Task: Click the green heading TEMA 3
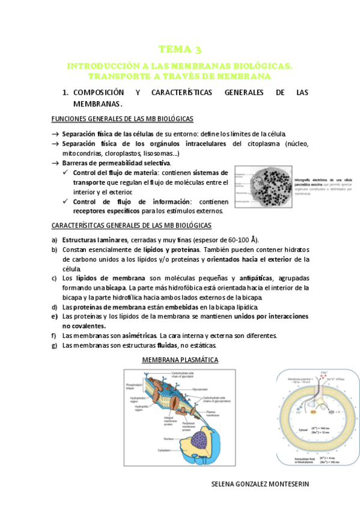tap(180, 49)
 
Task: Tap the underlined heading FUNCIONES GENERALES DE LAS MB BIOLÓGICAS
tap(123, 118)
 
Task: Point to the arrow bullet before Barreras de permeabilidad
tap(55, 163)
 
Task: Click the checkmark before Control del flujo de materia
tap(66, 173)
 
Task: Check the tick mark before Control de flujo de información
tap(66, 201)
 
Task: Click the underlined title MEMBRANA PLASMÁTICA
tap(180, 360)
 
